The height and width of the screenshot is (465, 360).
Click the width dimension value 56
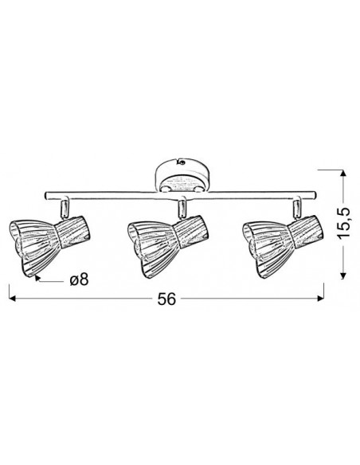click(166, 299)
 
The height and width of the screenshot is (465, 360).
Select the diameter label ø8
click(79, 279)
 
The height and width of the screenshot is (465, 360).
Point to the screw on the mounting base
click(181, 162)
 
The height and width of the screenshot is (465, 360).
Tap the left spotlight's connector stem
click(65, 209)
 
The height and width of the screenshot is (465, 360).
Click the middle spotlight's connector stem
click(182, 209)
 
